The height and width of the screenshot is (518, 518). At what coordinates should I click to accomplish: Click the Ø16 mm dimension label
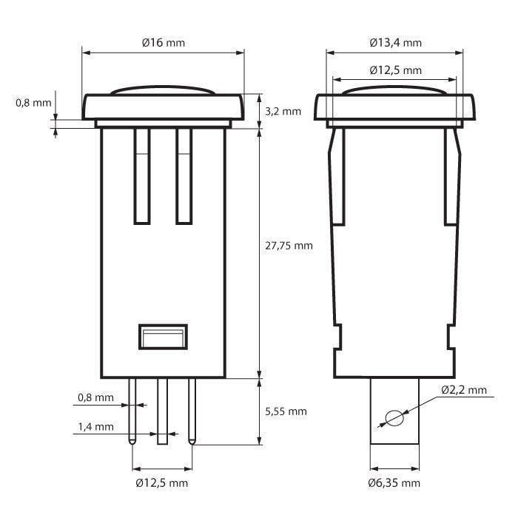coord(164,43)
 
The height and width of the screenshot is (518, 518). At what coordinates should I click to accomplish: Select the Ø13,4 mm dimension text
coord(396,43)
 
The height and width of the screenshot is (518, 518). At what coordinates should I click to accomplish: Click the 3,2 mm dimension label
coord(283,111)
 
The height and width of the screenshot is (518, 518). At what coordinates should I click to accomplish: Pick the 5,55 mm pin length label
coord(286,411)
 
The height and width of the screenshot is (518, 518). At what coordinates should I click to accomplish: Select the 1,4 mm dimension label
coord(95,427)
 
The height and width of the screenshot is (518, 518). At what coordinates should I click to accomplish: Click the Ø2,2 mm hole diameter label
coord(464,390)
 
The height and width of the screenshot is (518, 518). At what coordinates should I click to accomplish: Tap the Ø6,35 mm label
coord(394,483)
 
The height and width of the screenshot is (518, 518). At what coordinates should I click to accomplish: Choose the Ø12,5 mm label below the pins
coord(162,483)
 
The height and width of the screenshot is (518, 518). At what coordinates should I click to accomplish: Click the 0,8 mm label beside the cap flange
coord(33,103)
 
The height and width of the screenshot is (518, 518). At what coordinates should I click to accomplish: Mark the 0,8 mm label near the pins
coord(95,398)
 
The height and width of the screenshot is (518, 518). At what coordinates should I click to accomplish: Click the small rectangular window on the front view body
coord(162,337)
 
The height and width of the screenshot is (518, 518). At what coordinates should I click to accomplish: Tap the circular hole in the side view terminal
coord(394,418)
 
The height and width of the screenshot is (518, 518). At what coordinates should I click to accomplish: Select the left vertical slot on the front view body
coord(142,175)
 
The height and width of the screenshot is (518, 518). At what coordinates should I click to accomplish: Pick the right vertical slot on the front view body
coord(184,175)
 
